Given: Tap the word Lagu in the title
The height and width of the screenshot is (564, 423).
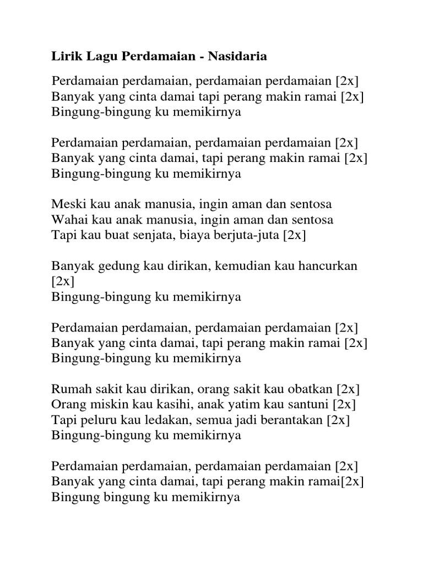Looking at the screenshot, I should (97, 56).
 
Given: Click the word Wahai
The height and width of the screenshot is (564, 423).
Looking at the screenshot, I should (68, 220).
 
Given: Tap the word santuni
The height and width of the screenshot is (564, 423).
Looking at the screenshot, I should (303, 405).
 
